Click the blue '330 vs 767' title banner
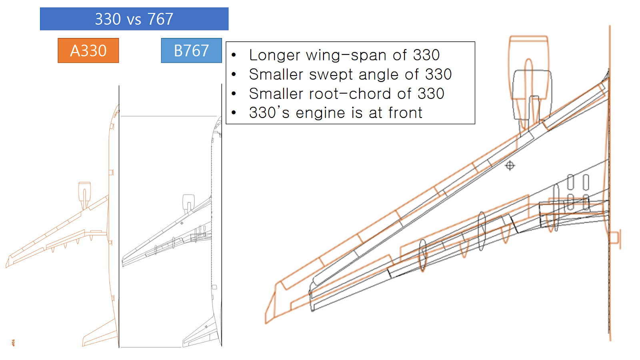click(134, 19)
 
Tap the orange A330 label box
click(88, 50)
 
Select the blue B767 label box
click(191, 50)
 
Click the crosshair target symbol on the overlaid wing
click(510, 165)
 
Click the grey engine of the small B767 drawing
click(188, 201)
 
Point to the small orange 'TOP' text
click(13, 343)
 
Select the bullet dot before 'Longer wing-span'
click(234, 55)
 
